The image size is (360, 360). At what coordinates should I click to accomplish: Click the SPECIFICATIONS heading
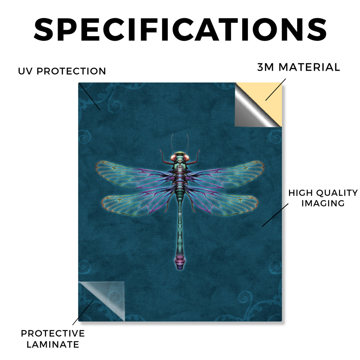click(x=180, y=30)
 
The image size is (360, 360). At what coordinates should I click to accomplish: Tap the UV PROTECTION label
click(x=62, y=71)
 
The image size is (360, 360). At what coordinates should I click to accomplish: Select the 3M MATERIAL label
click(x=298, y=67)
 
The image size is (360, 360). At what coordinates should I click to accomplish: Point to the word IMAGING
click(x=323, y=203)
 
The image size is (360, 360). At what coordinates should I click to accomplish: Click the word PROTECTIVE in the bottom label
click(x=53, y=333)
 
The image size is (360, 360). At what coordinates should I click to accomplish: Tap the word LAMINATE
click(x=53, y=345)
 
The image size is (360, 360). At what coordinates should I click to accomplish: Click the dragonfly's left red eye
click(x=174, y=158)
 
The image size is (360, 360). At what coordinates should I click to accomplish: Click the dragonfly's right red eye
click(x=186, y=158)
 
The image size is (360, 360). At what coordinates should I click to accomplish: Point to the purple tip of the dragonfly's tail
click(x=180, y=263)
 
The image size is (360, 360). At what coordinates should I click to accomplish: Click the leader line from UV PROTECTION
click(x=90, y=97)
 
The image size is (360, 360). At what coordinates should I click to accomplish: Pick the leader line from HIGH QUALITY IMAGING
click(x=275, y=215)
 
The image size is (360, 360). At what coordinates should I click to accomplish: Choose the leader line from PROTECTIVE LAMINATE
click(x=83, y=313)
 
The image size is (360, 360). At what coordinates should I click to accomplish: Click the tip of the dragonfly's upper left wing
click(x=96, y=168)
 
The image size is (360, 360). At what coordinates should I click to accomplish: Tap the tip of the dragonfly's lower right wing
click(x=258, y=202)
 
